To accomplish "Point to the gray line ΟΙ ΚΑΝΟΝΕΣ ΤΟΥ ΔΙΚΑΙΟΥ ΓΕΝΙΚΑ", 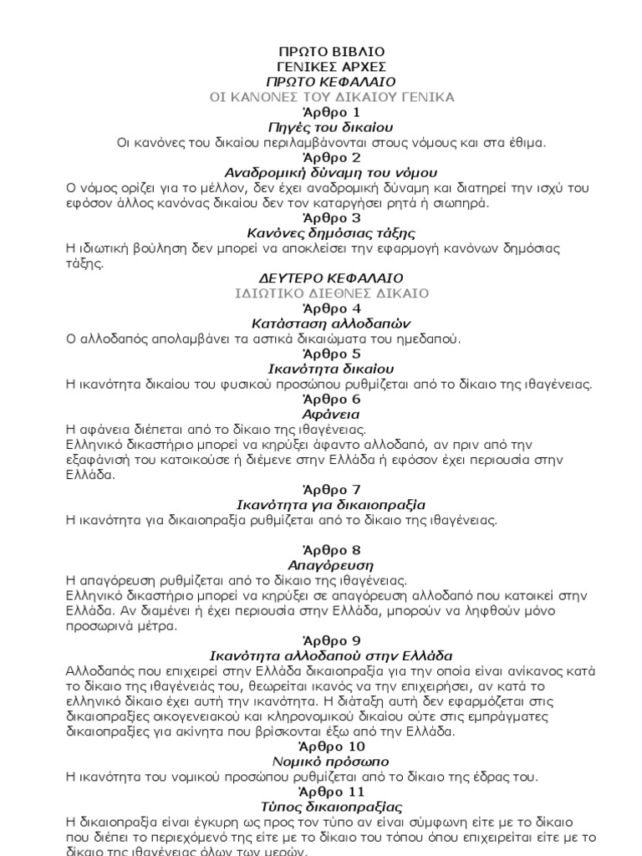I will (331, 97).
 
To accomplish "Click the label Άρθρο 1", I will (331, 112).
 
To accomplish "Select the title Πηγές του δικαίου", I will (331, 127).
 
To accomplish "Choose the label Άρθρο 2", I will (331, 157).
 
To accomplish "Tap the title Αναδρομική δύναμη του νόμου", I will (331, 172).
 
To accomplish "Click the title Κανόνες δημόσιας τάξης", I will (331, 232).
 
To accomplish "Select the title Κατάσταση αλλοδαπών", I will (331, 324).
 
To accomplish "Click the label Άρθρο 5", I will (331, 354).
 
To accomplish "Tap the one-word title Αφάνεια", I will (331, 414).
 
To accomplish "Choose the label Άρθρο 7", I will (331, 490).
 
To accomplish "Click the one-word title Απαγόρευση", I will (331, 565).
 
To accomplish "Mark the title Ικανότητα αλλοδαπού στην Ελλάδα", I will (331, 655).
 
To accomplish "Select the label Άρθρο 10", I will (331, 746).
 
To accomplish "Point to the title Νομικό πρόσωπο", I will (331, 762).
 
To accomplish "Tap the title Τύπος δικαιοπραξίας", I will (331, 807).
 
